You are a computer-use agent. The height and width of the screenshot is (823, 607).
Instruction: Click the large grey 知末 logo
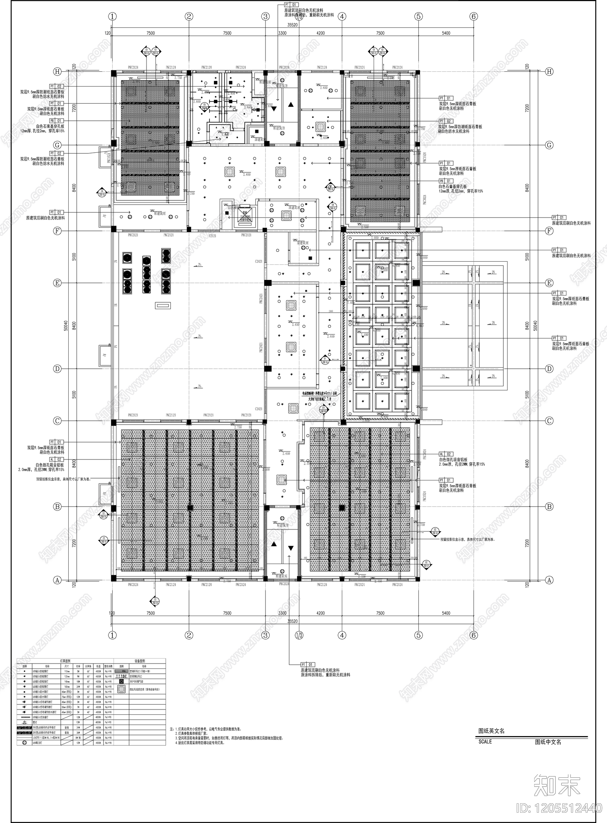[557, 783]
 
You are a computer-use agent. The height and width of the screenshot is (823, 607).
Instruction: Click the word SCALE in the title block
[485, 741]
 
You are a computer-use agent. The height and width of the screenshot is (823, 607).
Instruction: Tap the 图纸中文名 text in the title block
[548, 742]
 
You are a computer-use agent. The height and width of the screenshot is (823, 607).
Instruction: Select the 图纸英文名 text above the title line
[491, 731]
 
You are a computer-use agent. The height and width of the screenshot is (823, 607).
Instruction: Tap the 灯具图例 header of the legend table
[65, 661]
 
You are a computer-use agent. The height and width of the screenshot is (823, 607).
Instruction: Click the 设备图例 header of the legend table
[140, 661]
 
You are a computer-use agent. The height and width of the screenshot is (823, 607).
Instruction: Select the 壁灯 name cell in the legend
[35, 722]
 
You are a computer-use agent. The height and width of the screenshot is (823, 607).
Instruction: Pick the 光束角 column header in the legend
[88, 666]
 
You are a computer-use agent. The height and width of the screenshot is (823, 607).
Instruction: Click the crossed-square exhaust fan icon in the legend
[121, 681]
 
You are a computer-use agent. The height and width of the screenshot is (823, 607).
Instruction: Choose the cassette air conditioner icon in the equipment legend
[121, 689]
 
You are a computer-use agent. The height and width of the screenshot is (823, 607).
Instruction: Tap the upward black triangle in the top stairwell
[291, 104]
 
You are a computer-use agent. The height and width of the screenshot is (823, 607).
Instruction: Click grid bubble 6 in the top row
[473, 16]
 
